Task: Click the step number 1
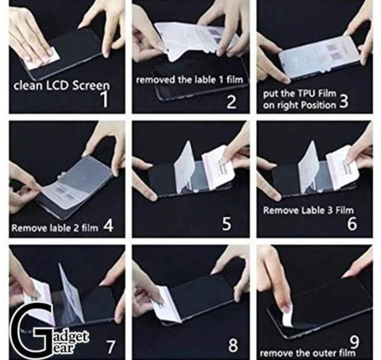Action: (105, 99)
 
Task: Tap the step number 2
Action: (232, 102)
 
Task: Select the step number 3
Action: (344, 101)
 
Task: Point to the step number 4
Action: (109, 226)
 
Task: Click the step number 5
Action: (226, 224)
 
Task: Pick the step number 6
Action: (352, 224)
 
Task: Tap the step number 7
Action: (111, 347)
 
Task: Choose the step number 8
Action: (233, 345)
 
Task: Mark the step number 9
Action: (354, 343)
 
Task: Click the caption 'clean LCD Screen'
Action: (61, 86)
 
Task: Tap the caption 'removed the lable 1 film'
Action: (189, 79)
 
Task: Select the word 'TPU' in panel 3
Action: (307, 94)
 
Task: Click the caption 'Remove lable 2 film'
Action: (55, 228)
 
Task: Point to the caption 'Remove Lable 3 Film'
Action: (308, 210)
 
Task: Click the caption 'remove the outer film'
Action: (307, 353)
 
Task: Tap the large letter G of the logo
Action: (33, 331)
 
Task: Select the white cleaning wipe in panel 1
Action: (44, 58)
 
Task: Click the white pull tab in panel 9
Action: (287, 315)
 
